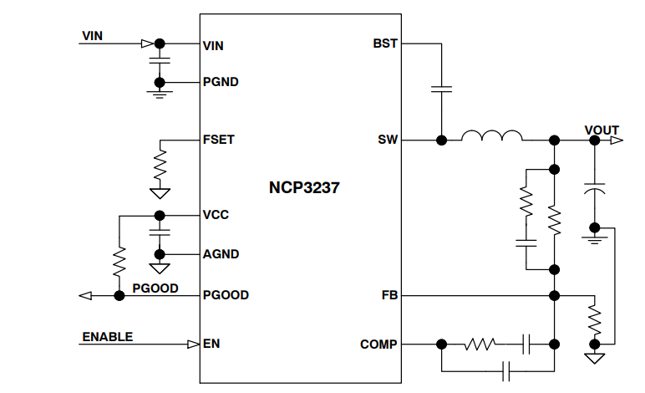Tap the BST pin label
[x=385, y=44]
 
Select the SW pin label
[x=388, y=140]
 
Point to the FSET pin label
[x=219, y=140]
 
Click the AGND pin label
[x=221, y=254]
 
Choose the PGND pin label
[x=221, y=83]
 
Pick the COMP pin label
[x=378, y=344]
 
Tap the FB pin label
[x=389, y=295]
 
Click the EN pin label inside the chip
[x=211, y=344]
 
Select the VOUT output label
[x=602, y=130]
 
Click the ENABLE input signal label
[x=107, y=337]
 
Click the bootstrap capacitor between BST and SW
[x=440, y=89]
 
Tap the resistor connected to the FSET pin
[x=160, y=164]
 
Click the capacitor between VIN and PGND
[x=160, y=61]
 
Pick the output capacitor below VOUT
[x=594, y=187]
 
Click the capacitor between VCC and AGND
[x=160, y=232]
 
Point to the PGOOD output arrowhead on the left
[x=84, y=295]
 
